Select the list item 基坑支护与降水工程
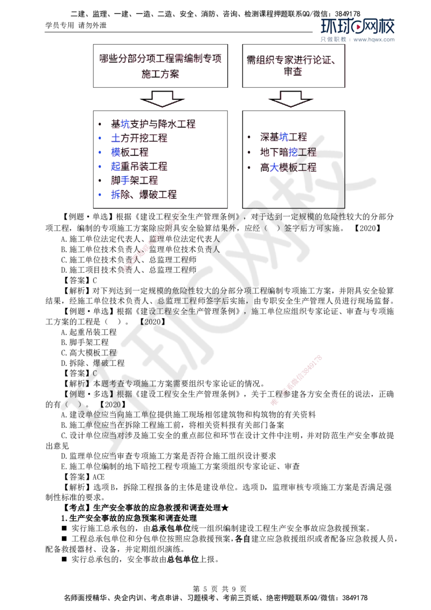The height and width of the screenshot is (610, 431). pyautogui.click(x=152, y=124)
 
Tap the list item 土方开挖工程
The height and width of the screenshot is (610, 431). pyautogui.click(x=138, y=138)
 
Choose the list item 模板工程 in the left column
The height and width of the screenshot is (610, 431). pyautogui.click(x=129, y=152)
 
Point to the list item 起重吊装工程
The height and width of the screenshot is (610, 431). pyautogui.click(x=138, y=166)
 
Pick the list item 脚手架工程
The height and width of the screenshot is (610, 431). pyautogui.click(x=134, y=180)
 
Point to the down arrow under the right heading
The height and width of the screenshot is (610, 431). pyautogui.click(x=291, y=100)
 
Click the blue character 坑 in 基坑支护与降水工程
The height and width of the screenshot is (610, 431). pyautogui.click(x=126, y=124)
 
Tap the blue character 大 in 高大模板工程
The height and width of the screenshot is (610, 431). pyautogui.click(x=274, y=167)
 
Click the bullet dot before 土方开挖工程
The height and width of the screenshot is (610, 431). pyautogui.click(x=99, y=138)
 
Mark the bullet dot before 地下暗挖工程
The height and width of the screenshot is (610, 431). pyautogui.click(x=248, y=153)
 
